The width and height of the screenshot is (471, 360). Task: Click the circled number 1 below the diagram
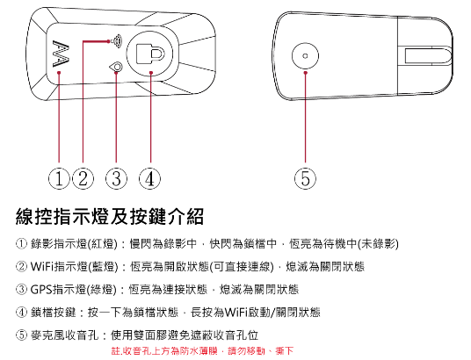pyautogui.click(x=59, y=178)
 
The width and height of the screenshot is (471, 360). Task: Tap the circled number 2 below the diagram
pyautogui.click(x=83, y=178)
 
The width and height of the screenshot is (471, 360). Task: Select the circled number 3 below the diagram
pyautogui.click(x=116, y=178)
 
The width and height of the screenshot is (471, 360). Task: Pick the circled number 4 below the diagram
pyautogui.click(x=149, y=178)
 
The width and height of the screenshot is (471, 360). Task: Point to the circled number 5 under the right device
pyautogui.click(x=305, y=178)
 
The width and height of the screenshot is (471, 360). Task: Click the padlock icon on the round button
pyautogui.click(x=150, y=54)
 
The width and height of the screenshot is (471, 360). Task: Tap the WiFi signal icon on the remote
pyautogui.click(x=117, y=41)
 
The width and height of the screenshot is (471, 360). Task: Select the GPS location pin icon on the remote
pyautogui.click(x=117, y=67)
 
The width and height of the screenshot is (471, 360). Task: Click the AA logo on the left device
pyautogui.click(x=61, y=54)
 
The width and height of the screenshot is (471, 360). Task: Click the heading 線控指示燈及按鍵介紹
pyautogui.click(x=110, y=216)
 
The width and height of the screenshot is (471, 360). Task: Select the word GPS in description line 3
pyautogui.click(x=41, y=290)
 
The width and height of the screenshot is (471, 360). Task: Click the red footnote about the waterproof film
pyautogui.click(x=202, y=350)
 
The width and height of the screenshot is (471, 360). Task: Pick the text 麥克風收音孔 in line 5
pyautogui.click(x=64, y=335)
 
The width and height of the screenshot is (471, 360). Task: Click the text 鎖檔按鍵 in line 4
pyautogui.click(x=54, y=313)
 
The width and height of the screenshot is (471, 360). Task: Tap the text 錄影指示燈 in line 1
pyautogui.click(x=59, y=244)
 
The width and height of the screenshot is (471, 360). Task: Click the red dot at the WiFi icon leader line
pyautogui.click(x=108, y=41)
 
